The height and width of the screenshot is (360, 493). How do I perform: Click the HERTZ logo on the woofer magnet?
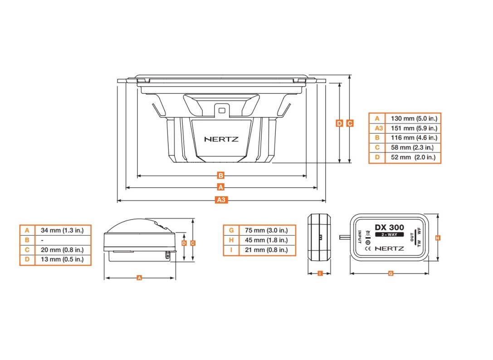tap(221, 139)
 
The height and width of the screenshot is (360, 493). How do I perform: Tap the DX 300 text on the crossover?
tap(389, 228)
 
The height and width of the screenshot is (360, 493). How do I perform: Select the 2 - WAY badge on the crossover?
tap(389, 235)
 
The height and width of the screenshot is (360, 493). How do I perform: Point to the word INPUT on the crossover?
tap(360, 237)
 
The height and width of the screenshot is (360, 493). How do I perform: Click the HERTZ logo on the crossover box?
tap(390, 248)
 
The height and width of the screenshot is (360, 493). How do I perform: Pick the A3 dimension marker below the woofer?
tap(221, 200)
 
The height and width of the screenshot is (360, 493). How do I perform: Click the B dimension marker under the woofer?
tap(221, 175)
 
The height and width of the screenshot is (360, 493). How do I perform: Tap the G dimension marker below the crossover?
tap(390, 273)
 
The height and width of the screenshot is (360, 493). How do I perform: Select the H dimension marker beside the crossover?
tap(438, 238)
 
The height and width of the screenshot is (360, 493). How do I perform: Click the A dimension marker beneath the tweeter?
tap(139, 277)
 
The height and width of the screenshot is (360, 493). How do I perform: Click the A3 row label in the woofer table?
tap(376, 128)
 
